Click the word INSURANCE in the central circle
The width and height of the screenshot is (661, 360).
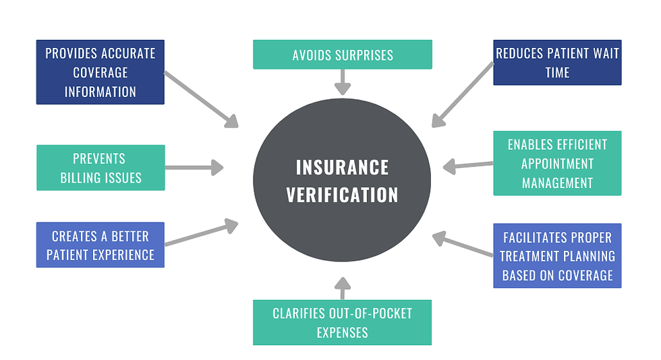pos(342,167)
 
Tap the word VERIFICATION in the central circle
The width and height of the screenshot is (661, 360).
pos(342,196)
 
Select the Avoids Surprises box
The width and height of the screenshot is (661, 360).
pos(343,55)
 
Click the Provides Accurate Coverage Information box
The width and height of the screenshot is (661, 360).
pos(100,72)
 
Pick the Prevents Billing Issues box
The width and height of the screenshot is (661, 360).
pos(100,168)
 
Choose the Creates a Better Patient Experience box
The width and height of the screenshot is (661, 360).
pos(100,245)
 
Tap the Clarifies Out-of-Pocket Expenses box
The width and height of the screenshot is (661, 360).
pos(343,322)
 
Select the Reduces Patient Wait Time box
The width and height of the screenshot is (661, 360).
pos(557,63)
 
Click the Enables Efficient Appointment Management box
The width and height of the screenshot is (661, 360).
pos(557,163)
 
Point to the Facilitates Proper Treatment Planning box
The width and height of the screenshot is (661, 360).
pos(557,256)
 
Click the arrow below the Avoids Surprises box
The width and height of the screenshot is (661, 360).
pos(343,82)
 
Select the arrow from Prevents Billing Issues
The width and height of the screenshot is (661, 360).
pos(194,168)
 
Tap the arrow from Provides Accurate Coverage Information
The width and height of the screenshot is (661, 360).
pos(202,100)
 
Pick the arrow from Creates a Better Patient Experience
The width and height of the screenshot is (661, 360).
pos(202,234)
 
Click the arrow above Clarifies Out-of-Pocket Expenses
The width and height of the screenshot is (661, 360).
pos(343,288)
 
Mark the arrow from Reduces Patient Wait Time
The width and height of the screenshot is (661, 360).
pos(463,95)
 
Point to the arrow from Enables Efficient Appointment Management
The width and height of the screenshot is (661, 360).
pos(468,165)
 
